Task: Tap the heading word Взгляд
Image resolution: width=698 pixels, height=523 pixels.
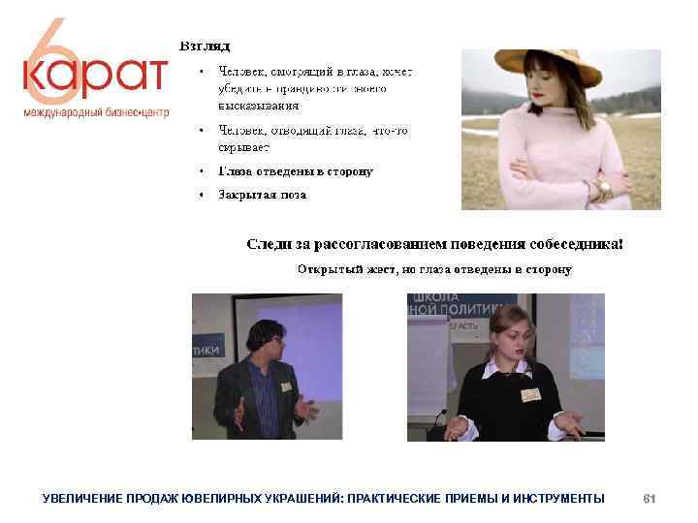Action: (x=204, y=46)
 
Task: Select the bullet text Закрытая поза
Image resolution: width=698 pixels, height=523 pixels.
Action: (x=262, y=195)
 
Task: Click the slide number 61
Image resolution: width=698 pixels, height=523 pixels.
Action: (x=650, y=498)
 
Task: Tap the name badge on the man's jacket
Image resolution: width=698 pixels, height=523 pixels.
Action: (x=287, y=385)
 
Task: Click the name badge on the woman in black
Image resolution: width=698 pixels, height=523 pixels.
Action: (x=529, y=393)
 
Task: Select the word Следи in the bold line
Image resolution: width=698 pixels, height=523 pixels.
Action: (x=270, y=243)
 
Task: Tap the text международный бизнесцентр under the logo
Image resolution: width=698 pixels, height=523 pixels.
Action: (x=96, y=112)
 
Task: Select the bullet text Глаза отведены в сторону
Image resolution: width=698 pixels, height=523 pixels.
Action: (x=296, y=171)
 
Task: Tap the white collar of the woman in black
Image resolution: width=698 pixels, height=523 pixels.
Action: (x=508, y=369)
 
